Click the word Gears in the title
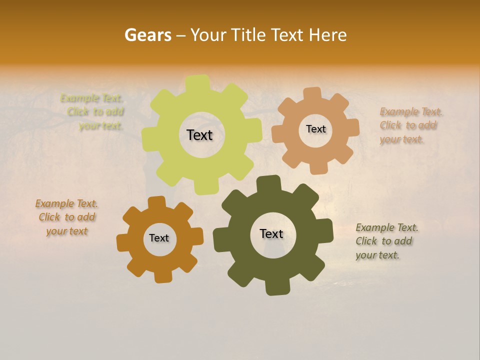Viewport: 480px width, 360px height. pos(147,35)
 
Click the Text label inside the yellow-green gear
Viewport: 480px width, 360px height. pos(199,135)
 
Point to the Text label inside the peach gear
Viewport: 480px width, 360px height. pos(315,129)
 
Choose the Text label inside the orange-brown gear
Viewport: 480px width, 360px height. pos(159,238)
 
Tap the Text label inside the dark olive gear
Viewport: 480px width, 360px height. pos(271,234)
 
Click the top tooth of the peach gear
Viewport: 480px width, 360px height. pos(312,93)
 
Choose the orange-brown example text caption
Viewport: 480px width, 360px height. pos(66,217)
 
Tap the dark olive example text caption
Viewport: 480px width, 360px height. pos(386,241)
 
